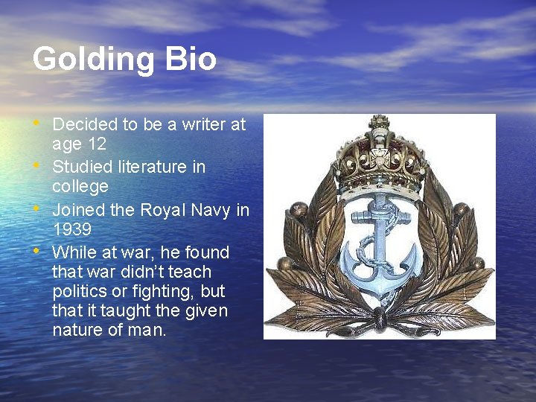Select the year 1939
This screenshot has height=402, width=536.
click(71, 230)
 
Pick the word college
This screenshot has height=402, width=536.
click(80, 187)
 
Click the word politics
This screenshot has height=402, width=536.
click(81, 291)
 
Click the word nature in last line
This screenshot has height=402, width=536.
click(77, 330)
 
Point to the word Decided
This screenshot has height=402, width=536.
click(84, 124)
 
